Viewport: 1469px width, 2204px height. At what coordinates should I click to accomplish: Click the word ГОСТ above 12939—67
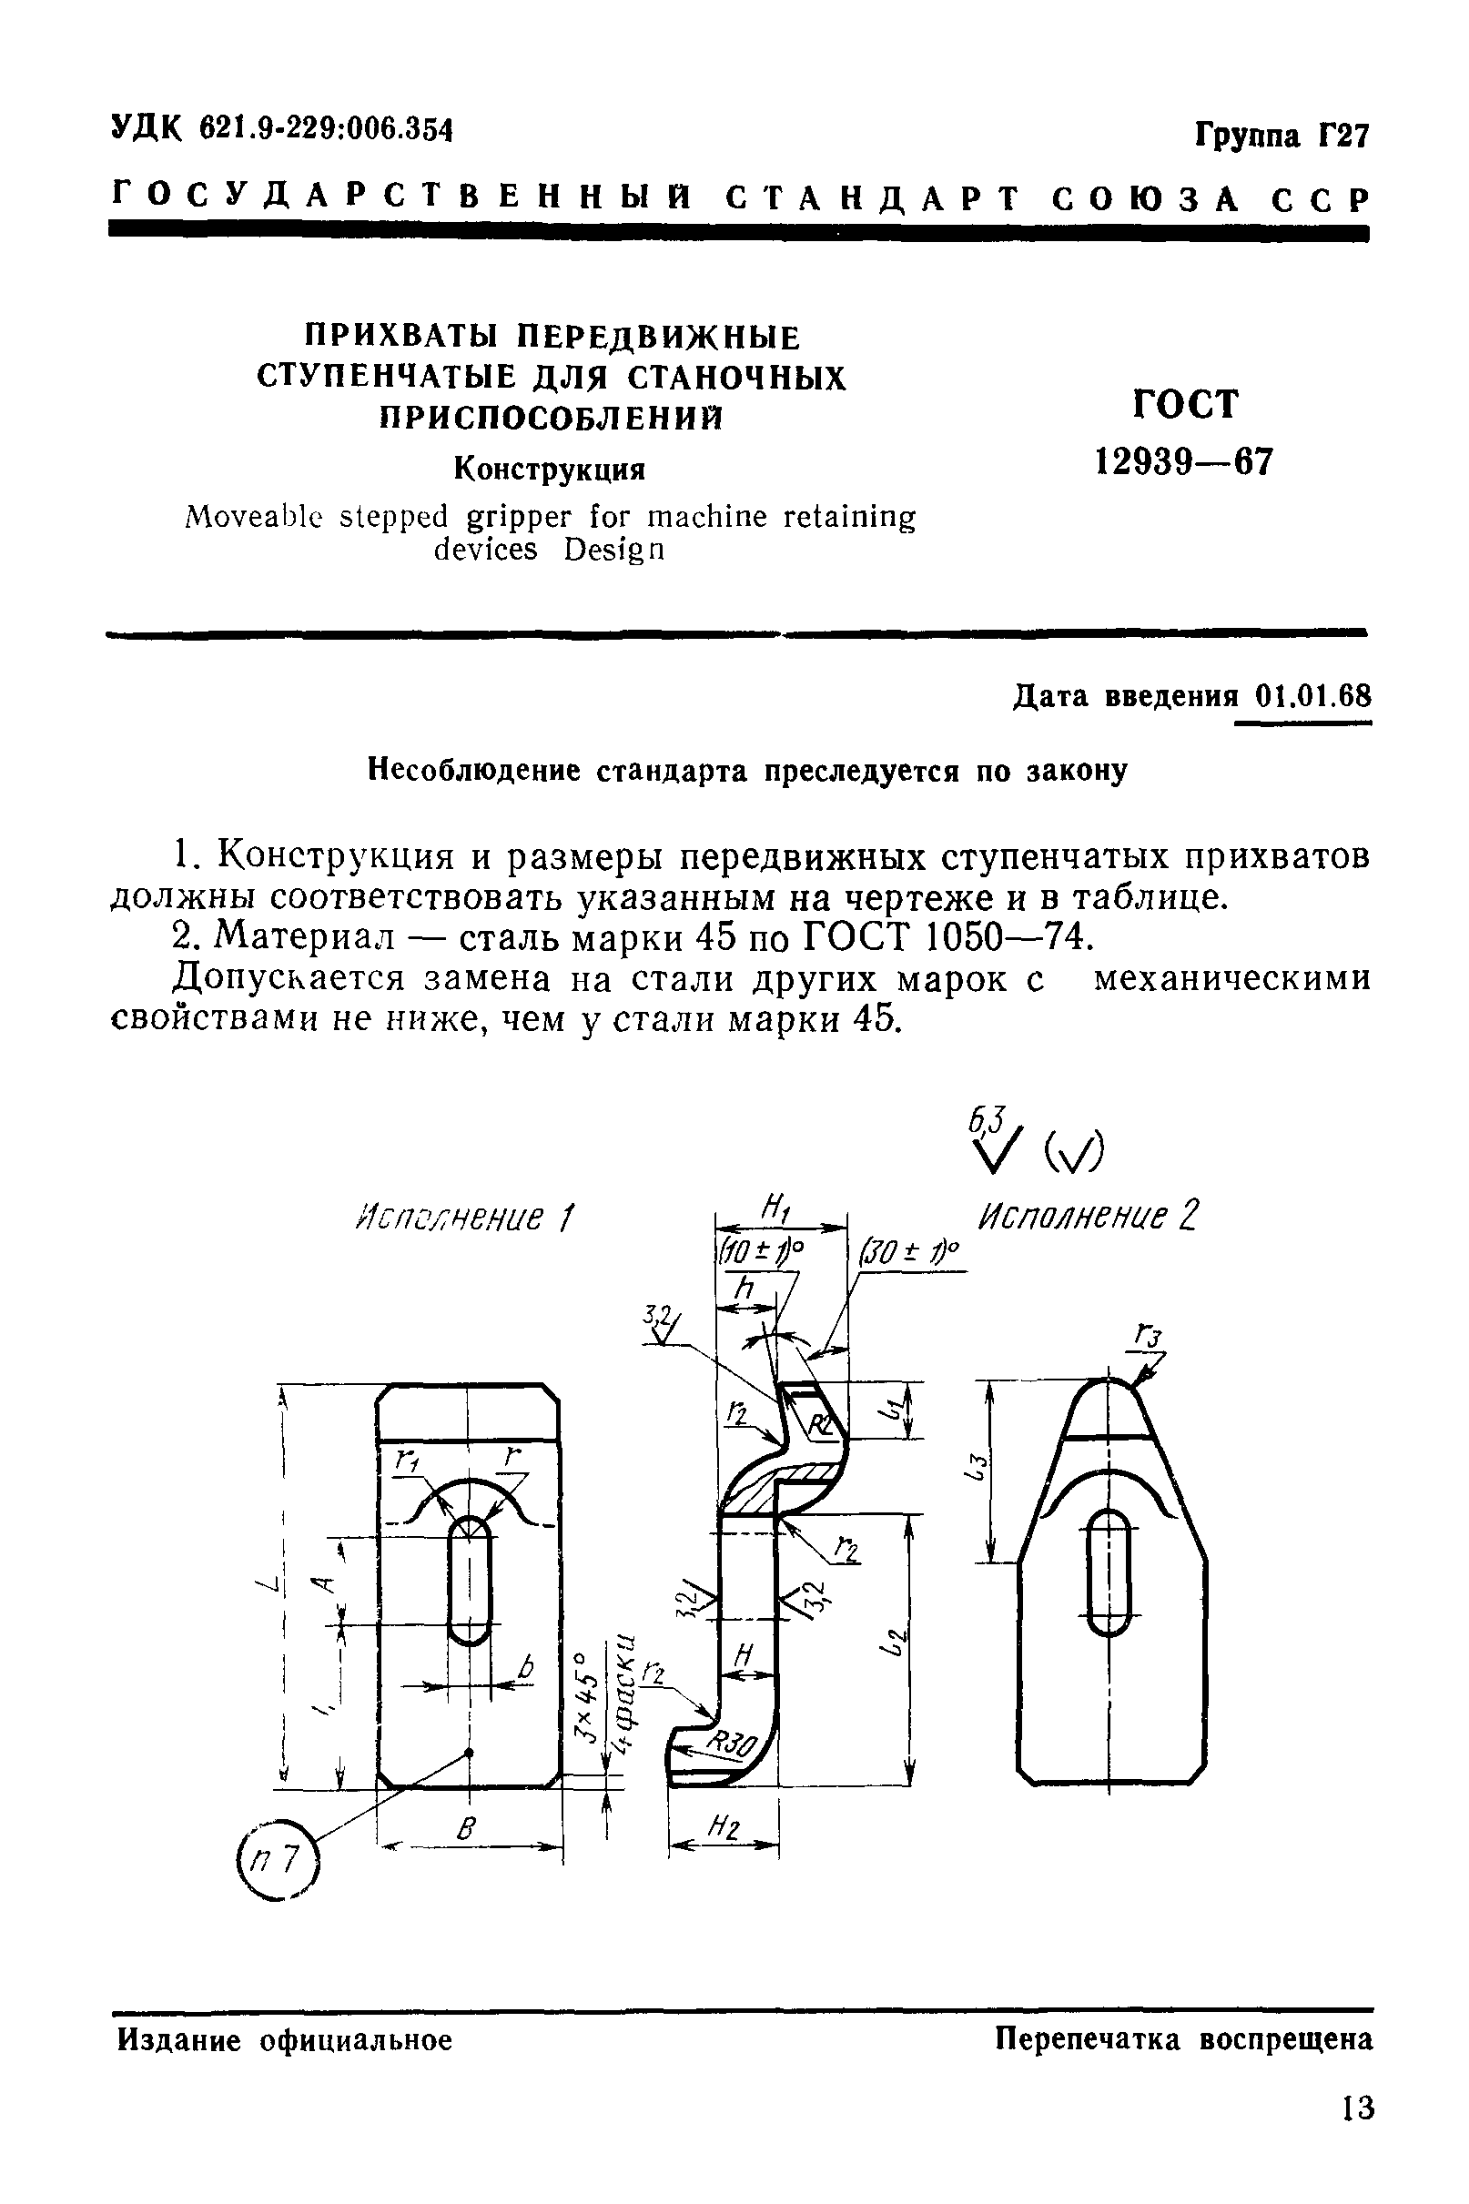coord(1184,405)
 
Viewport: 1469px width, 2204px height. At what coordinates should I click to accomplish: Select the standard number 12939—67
coord(1184,461)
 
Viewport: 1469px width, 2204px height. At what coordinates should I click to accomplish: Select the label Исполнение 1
coord(465,1218)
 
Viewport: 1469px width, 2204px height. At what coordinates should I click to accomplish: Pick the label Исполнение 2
coord(1088,1217)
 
